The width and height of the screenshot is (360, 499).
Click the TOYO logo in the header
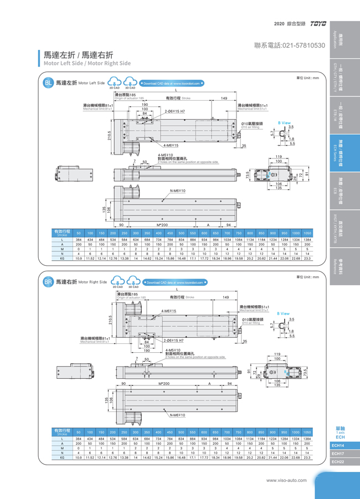coord(318,24)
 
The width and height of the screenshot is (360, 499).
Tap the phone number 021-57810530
coord(290,45)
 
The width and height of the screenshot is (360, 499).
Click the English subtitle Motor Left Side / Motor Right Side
coord(87,63)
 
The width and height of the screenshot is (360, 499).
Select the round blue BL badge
coord(49,83)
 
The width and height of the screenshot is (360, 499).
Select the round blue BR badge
coord(49,282)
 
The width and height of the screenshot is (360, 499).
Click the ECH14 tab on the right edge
coord(338,445)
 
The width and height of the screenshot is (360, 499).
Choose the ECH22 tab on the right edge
coord(338,461)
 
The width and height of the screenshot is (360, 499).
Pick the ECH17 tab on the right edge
coord(338,453)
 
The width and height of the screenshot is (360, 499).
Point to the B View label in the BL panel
coord(284,123)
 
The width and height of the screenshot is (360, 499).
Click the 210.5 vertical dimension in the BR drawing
coord(111,321)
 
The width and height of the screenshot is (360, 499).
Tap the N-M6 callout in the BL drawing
coord(177,191)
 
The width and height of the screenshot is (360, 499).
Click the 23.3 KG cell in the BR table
coord(307,458)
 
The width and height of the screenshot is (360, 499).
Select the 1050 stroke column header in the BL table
coord(307,233)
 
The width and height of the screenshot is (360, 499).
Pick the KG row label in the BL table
coord(62,258)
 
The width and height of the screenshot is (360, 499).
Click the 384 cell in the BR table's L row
coord(79,439)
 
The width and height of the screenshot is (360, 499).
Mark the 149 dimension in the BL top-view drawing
coord(224,98)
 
